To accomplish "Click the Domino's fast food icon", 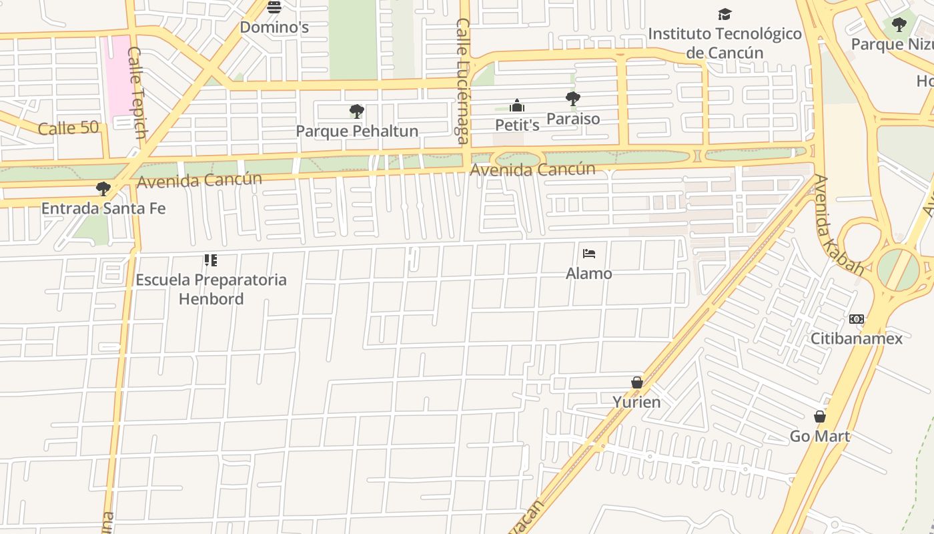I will [274, 8].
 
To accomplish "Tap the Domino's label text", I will [274, 27].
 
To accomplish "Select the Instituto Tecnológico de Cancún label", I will [725, 43].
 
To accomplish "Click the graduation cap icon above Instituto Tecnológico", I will [725, 14].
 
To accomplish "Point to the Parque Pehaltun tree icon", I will [357, 111].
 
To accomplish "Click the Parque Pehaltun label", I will [357, 131].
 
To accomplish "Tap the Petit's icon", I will [517, 105].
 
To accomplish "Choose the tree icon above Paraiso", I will [572, 99].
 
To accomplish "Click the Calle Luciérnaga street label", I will [462, 81].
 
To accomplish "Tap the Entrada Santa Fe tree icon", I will [103, 189].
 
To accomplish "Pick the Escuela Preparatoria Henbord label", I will [211, 289].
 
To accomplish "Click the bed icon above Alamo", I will [589, 254].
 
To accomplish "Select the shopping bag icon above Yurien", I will [637, 382].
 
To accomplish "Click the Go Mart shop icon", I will [820, 417].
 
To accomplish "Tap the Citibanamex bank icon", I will [857, 319].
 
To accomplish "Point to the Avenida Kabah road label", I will [839, 226].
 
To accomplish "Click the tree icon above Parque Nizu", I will [899, 25].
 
